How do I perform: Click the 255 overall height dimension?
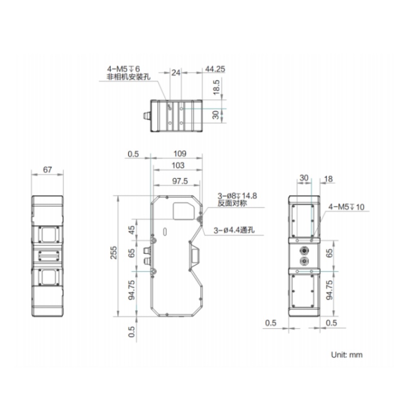click(x=114, y=252)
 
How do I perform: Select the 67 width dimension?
click(x=47, y=170)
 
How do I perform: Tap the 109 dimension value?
click(x=180, y=154)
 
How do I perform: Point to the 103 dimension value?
click(x=178, y=165)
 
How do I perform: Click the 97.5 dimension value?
click(x=180, y=181)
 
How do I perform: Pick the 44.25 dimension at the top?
click(x=215, y=69)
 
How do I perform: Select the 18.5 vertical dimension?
click(x=216, y=87)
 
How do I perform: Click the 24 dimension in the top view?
click(x=176, y=73)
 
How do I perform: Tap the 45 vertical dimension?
click(x=132, y=230)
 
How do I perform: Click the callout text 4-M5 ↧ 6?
click(x=123, y=69)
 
